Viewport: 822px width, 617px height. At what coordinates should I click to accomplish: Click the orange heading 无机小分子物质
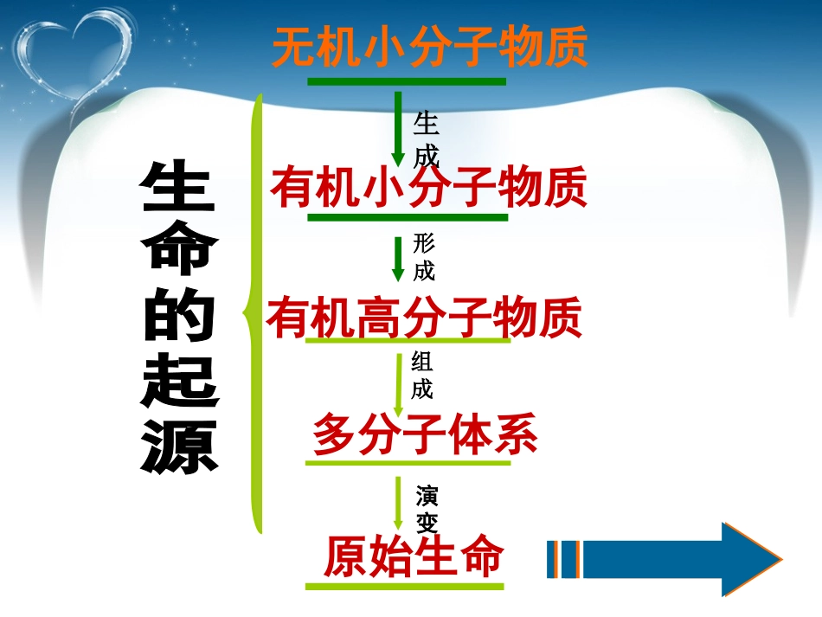click(x=430, y=48)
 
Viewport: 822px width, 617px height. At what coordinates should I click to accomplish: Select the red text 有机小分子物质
click(x=428, y=187)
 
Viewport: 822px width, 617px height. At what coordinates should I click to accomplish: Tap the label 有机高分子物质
click(x=425, y=318)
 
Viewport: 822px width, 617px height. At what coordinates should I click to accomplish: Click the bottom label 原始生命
click(x=413, y=556)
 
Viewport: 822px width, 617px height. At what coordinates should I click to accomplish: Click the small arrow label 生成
click(x=427, y=138)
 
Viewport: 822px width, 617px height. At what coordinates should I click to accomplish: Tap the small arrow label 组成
click(x=422, y=375)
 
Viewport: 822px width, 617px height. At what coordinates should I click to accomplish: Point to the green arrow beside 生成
click(x=398, y=128)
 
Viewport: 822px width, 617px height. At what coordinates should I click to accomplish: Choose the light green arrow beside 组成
click(x=399, y=383)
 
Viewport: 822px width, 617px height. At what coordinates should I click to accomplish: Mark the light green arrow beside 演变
click(x=399, y=503)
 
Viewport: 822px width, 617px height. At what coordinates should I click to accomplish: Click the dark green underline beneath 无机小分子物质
click(x=406, y=82)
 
